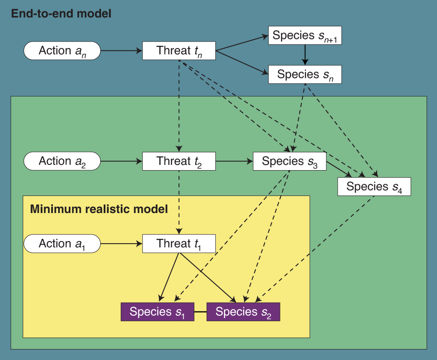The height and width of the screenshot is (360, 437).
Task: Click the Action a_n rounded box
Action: [x=62, y=51]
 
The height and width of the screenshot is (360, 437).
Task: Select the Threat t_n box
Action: [x=179, y=51]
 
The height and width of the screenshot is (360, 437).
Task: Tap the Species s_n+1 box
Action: [x=305, y=35]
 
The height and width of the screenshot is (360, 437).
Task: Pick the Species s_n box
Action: [x=305, y=74]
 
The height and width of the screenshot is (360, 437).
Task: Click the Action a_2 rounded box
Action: [x=62, y=161]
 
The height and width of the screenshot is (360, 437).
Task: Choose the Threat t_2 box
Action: [x=179, y=161]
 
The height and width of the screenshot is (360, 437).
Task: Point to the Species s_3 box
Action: [x=290, y=161]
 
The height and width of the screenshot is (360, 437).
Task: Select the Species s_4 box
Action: [x=374, y=186]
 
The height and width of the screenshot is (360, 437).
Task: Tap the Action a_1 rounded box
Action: [x=62, y=244]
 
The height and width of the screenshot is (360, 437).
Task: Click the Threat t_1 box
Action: [x=179, y=244]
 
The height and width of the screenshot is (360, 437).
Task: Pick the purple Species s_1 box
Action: [x=157, y=312]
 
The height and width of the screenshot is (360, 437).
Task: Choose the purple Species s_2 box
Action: [x=243, y=312]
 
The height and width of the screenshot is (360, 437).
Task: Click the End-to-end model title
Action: [x=61, y=14]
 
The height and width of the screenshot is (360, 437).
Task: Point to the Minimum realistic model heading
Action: [x=99, y=209]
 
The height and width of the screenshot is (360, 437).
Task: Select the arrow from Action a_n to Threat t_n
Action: [x=121, y=51]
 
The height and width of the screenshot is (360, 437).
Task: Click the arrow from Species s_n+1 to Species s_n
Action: [x=305, y=55]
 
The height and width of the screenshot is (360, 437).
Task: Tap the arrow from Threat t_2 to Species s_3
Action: [x=234, y=161]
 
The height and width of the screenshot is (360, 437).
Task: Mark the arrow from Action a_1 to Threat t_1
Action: [x=121, y=244]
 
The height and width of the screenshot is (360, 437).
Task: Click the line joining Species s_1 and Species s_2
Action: [x=200, y=312]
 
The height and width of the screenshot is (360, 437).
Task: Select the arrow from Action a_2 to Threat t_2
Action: [x=121, y=161]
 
